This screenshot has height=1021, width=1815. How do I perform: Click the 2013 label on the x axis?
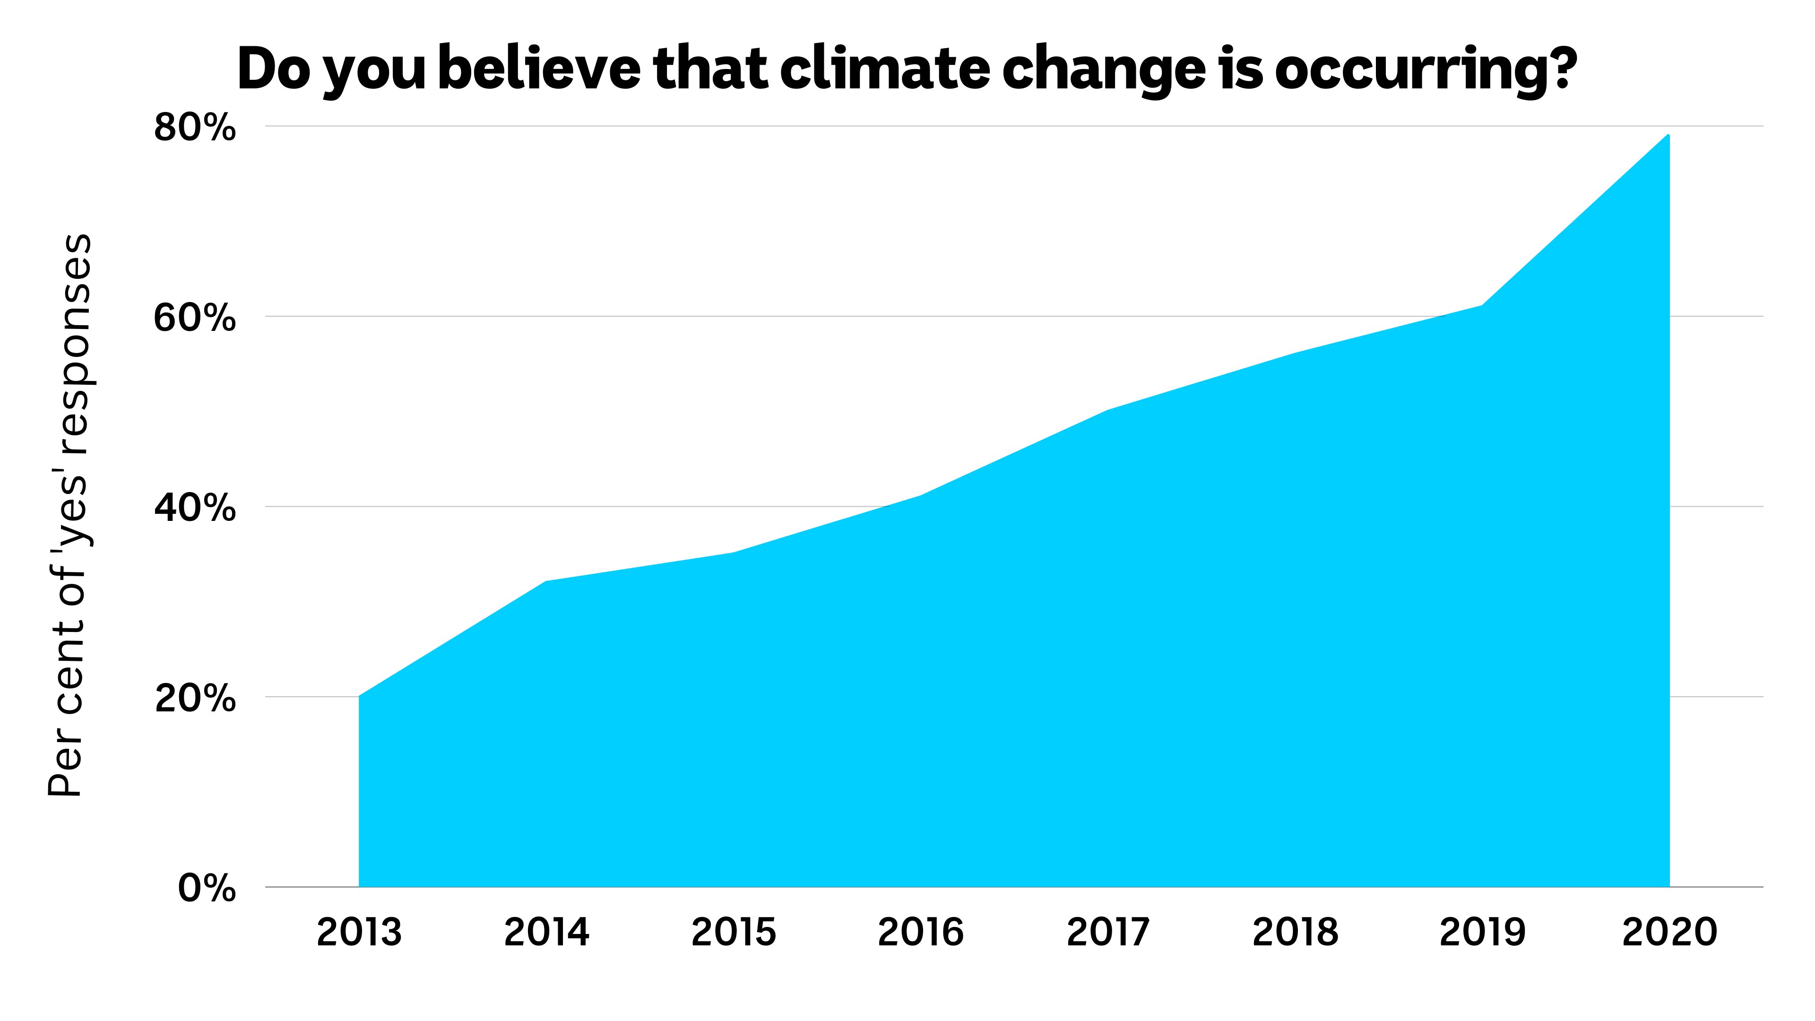(x=359, y=932)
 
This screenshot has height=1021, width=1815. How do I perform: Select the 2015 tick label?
(x=734, y=932)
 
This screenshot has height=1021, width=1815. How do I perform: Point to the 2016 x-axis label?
(x=920, y=932)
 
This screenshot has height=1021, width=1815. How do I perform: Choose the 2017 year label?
(x=1107, y=932)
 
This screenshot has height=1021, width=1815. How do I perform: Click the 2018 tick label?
(x=1295, y=932)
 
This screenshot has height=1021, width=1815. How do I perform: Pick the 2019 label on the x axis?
(x=1482, y=932)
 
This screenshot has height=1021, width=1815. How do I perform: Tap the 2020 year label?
(x=1669, y=932)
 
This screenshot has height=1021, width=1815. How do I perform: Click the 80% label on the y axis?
(x=194, y=128)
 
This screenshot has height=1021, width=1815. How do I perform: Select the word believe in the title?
(x=539, y=69)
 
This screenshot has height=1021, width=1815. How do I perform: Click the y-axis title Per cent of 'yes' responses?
(x=69, y=514)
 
